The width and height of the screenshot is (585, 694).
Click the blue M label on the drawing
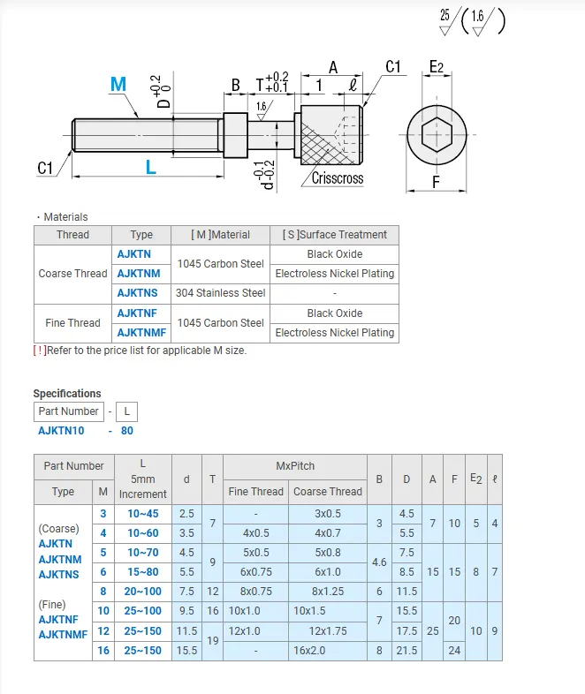[118, 84]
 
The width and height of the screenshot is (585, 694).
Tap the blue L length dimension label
[151, 166]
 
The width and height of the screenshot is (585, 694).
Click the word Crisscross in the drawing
[338, 177]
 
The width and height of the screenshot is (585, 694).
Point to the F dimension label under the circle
[436, 184]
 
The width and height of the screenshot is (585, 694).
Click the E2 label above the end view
[437, 67]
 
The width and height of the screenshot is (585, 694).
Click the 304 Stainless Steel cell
[220, 292]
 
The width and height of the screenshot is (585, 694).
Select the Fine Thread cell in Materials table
[72, 323]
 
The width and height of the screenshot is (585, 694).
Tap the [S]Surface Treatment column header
[334, 235]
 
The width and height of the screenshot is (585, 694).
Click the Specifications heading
[67, 394]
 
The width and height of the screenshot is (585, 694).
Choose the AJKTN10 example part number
[62, 431]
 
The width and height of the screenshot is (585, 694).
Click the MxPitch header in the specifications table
[294, 465]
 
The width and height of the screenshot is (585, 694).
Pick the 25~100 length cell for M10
[142, 611]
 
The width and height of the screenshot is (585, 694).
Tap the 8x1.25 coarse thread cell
[327, 591]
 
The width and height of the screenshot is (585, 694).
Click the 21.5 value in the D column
[406, 650]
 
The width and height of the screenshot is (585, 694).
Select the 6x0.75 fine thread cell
[255, 571]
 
